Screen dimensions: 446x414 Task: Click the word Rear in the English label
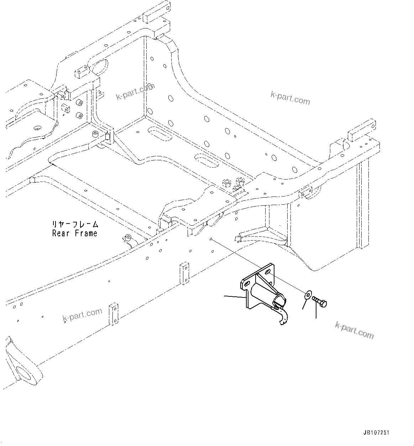point(61,233)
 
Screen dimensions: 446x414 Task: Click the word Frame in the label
point(86,233)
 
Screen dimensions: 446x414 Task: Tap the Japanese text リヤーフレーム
point(74,225)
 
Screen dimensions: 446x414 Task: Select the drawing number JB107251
point(376,433)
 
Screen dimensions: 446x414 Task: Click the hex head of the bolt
point(323,304)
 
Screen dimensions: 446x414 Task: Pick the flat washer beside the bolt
point(308,294)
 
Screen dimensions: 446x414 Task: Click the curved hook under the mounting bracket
point(282,316)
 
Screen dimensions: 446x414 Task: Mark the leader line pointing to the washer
point(304,304)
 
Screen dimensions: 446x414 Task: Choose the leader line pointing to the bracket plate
point(234,296)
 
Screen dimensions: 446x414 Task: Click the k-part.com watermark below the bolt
point(355,330)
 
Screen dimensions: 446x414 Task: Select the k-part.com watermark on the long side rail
point(82,314)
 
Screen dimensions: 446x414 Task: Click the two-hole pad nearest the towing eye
point(114,314)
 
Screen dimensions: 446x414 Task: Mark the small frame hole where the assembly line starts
point(211,239)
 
